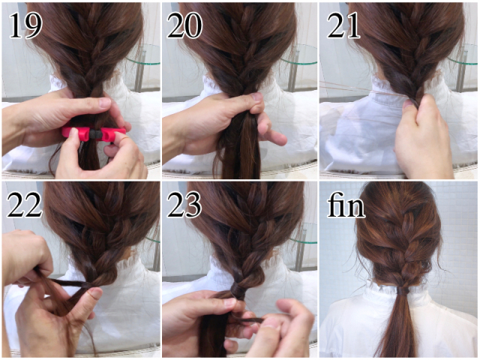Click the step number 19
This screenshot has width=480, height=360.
coord(25,26)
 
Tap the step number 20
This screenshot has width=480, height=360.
coord(184,25)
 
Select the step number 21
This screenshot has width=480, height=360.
coord(343,26)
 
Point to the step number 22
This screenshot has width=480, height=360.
coord(24,205)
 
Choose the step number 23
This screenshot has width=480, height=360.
coord(184,205)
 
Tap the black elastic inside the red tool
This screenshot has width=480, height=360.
coord(93,134)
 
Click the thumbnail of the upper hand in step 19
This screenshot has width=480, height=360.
coord(105,102)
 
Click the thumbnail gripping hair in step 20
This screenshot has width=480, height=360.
coord(256,97)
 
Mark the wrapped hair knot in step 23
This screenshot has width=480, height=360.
coord(238,290)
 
